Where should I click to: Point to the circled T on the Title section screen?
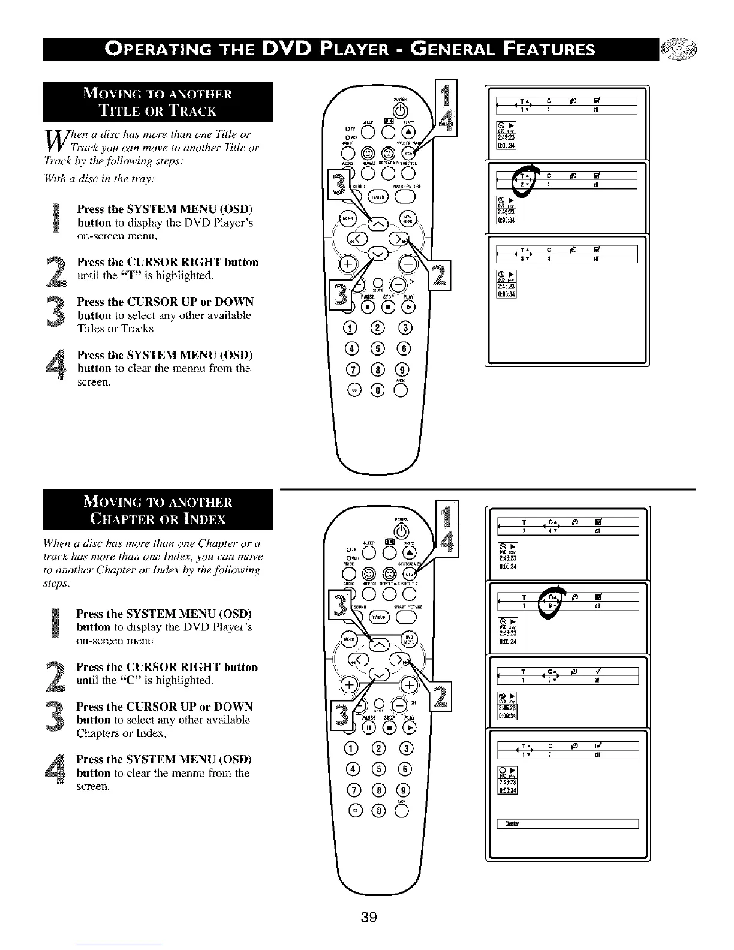click(524, 179)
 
